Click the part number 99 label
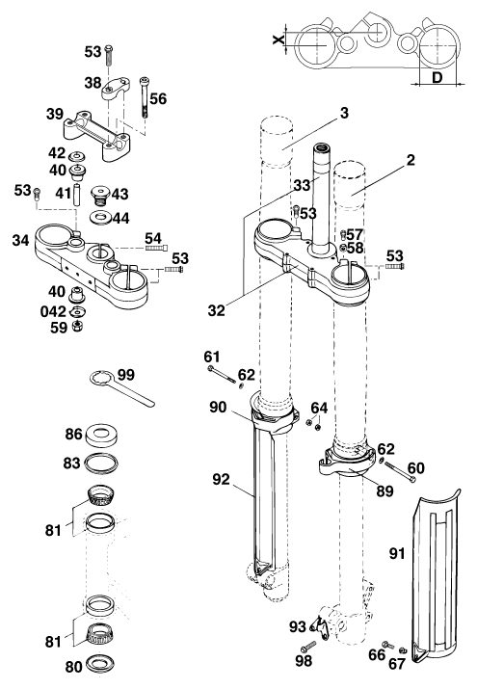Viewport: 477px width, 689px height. pos(126,375)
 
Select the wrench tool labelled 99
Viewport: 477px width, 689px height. pos(121,388)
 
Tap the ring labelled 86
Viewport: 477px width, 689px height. pos(101,435)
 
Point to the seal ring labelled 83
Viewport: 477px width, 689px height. pos(101,464)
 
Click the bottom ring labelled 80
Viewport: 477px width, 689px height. pos(100,664)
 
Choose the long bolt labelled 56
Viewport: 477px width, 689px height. pos(145,97)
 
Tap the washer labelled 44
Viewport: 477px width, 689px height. pos(100,218)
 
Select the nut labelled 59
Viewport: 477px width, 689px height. pos(78,326)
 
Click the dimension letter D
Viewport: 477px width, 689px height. pos(437,77)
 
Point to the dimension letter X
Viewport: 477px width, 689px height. pos(278,40)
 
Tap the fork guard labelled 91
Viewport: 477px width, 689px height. pos(435,574)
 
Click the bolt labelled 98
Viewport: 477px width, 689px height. pos(308,647)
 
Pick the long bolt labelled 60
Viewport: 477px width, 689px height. pos(400,472)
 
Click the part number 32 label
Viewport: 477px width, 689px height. pos(216,310)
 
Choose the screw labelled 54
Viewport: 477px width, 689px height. pos(156,249)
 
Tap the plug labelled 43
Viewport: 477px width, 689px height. pos(100,195)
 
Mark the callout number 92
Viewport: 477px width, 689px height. pos(221,479)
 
